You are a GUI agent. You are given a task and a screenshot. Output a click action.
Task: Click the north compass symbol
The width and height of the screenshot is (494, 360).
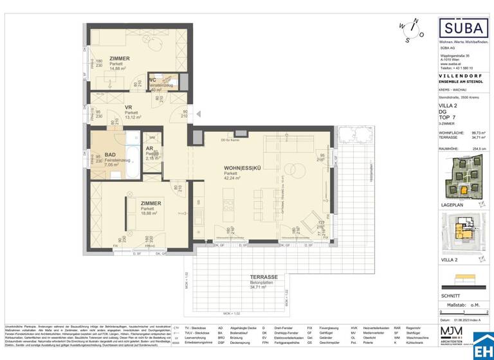tap(409, 29)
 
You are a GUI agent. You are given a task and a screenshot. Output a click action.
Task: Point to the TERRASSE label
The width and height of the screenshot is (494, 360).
tap(263, 274)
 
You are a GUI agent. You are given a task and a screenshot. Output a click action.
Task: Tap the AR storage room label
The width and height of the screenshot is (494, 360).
tap(149, 148)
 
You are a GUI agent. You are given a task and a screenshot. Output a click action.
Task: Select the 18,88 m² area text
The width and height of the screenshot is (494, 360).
tap(151, 214)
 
